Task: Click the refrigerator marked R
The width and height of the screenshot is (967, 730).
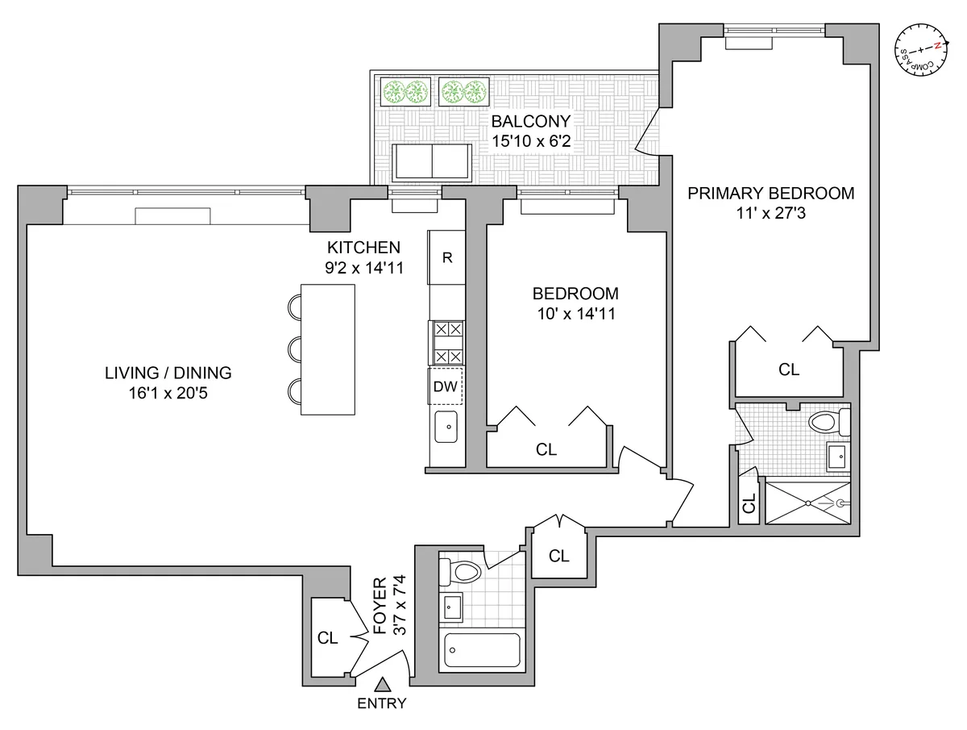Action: click(447, 258)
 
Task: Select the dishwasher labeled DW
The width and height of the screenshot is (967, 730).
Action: click(445, 386)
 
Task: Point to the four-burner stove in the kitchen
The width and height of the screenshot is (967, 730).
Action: click(447, 342)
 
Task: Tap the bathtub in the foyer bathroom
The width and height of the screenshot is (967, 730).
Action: click(481, 650)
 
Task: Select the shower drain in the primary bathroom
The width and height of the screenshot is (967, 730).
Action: click(841, 503)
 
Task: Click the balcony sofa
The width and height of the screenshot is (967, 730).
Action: click(433, 163)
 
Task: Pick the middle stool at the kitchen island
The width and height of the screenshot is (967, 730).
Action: click(294, 348)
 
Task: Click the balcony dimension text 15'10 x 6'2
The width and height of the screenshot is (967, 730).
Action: click(531, 141)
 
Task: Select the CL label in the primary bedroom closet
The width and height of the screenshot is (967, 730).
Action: click(789, 369)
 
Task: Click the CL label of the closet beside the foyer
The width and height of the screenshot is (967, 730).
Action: click(326, 638)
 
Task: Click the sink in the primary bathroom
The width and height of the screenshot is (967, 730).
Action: click(837, 457)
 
